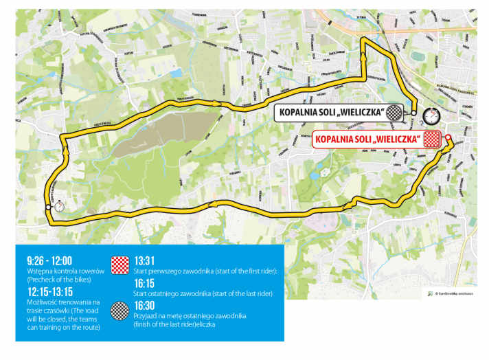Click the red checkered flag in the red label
coord(431,139)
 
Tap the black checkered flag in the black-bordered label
coord(394,112)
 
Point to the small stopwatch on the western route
coord(60,205)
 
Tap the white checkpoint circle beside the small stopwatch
coord(48,207)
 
